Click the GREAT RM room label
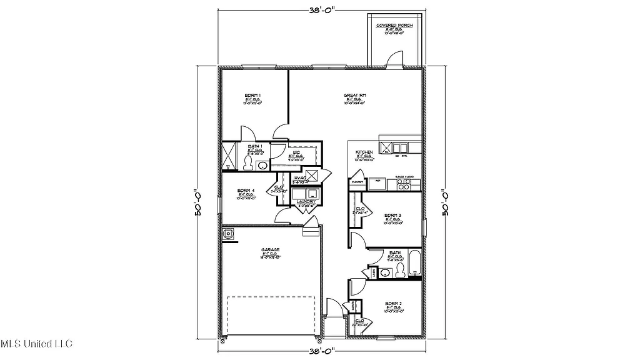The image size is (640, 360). [x=354, y=96]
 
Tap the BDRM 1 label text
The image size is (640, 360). [x=252, y=95]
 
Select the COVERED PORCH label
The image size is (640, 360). [x=394, y=26]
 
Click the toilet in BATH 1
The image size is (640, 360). [x=247, y=164]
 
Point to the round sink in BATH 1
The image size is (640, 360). [x=262, y=165]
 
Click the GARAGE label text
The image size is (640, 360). [x=270, y=249]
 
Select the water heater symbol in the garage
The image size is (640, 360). [x=229, y=234]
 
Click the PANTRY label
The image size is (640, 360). [x=357, y=182]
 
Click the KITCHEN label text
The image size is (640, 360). [x=364, y=152]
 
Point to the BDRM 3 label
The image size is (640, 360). [x=392, y=215]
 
